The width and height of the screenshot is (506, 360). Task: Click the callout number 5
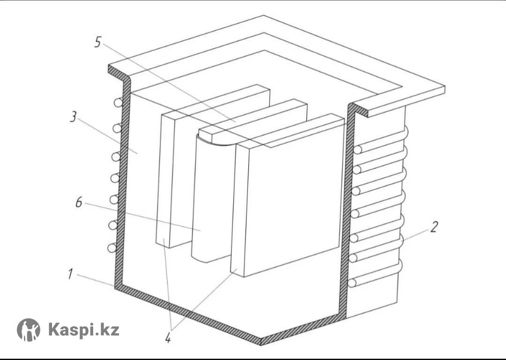click(98, 42)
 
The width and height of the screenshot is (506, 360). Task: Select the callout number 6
click(79, 202)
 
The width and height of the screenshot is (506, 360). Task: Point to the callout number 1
click(70, 274)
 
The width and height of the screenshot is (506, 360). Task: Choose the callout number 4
click(168, 338)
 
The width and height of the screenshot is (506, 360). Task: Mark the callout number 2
click(434, 227)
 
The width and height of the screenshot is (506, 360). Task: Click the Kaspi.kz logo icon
click(29, 330)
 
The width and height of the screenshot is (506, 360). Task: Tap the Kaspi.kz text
click(84, 330)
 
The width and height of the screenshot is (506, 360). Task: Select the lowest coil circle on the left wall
click(112, 248)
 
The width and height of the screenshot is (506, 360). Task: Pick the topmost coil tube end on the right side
click(357, 150)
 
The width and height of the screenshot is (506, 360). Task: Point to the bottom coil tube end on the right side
click(352, 283)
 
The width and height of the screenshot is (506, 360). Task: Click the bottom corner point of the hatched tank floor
click(261, 345)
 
